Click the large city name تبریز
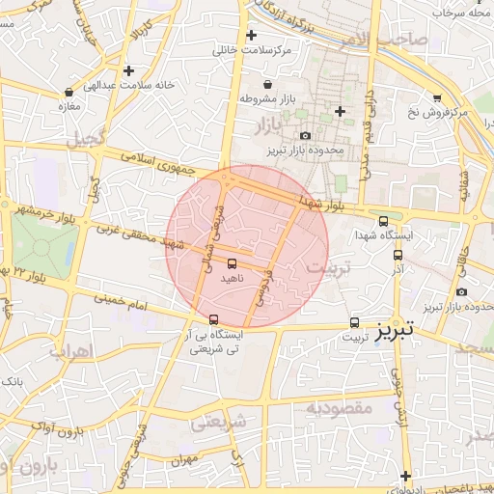tap(393, 328)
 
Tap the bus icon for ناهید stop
tap(232, 262)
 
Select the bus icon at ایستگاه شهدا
tap(384, 221)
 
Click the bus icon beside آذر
tap(398, 255)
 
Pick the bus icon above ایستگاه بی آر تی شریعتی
tap(213, 319)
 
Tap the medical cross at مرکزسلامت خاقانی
tap(251, 35)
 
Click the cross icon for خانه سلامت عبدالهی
tap(128, 70)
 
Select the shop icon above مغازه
tap(69, 93)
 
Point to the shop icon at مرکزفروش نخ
tap(437, 98)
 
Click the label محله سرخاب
tap(462, 13)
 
